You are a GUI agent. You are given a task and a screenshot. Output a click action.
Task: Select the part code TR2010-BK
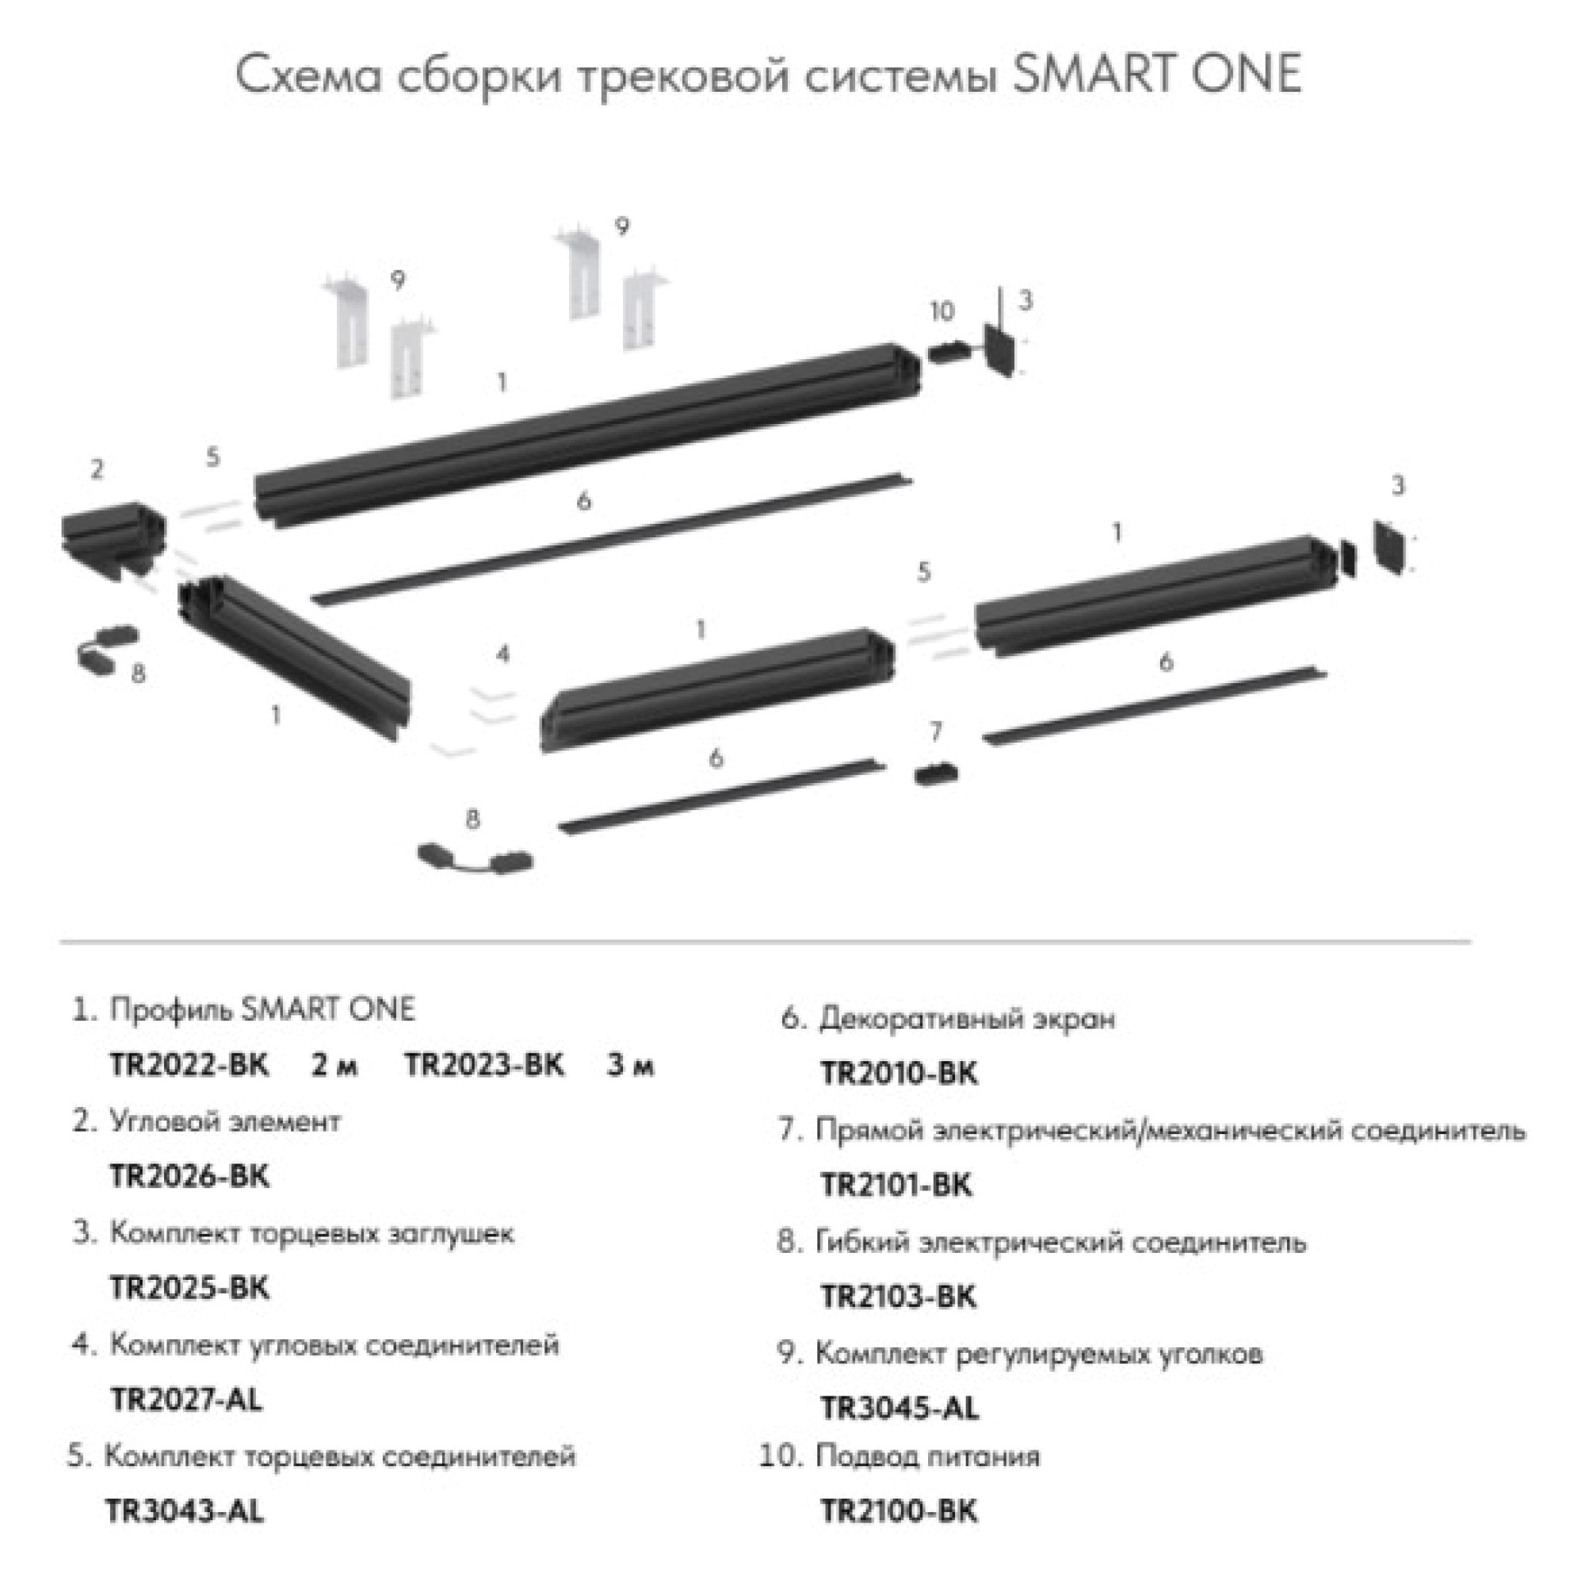[899, 1074]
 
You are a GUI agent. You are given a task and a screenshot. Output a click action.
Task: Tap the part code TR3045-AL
[899, 1408]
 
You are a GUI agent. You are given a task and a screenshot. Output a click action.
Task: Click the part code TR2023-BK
[484, 1066]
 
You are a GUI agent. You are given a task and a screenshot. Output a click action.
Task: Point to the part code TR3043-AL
[185, 1511]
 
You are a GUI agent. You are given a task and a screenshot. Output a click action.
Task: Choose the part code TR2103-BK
[899, 1297]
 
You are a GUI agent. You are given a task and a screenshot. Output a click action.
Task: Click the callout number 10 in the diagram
[941, 311]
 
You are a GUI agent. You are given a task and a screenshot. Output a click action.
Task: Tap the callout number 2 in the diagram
[97, 469]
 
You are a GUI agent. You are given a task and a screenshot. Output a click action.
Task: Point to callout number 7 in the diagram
[936, 731]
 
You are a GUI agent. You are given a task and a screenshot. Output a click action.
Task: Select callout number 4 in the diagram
[503, 654]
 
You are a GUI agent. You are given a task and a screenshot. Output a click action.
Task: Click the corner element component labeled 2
[113, 533]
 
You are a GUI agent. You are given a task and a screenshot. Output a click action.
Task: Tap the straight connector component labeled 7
[936, 773]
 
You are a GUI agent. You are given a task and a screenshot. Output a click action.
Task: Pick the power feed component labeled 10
[949, 353]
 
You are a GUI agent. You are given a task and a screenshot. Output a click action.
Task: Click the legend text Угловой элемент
[225, 1121]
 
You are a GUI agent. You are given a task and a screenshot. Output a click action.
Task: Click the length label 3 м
[630, 1066]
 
